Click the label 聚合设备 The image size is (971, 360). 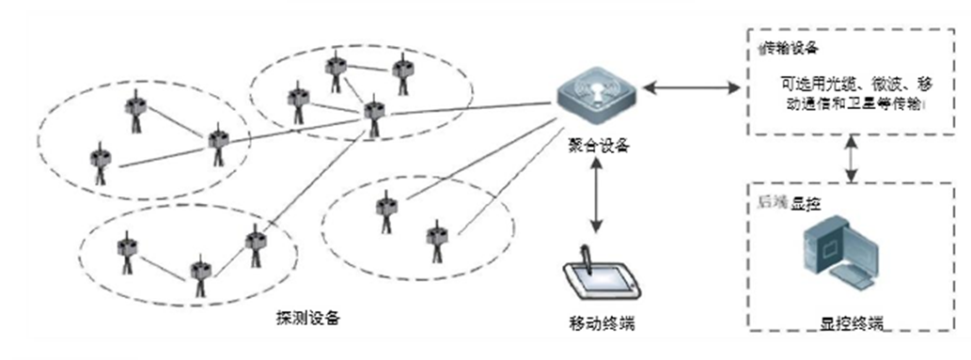pyautogui.click(x=596, y=145)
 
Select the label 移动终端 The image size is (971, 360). pyautogui.click(x=602, y=324)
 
